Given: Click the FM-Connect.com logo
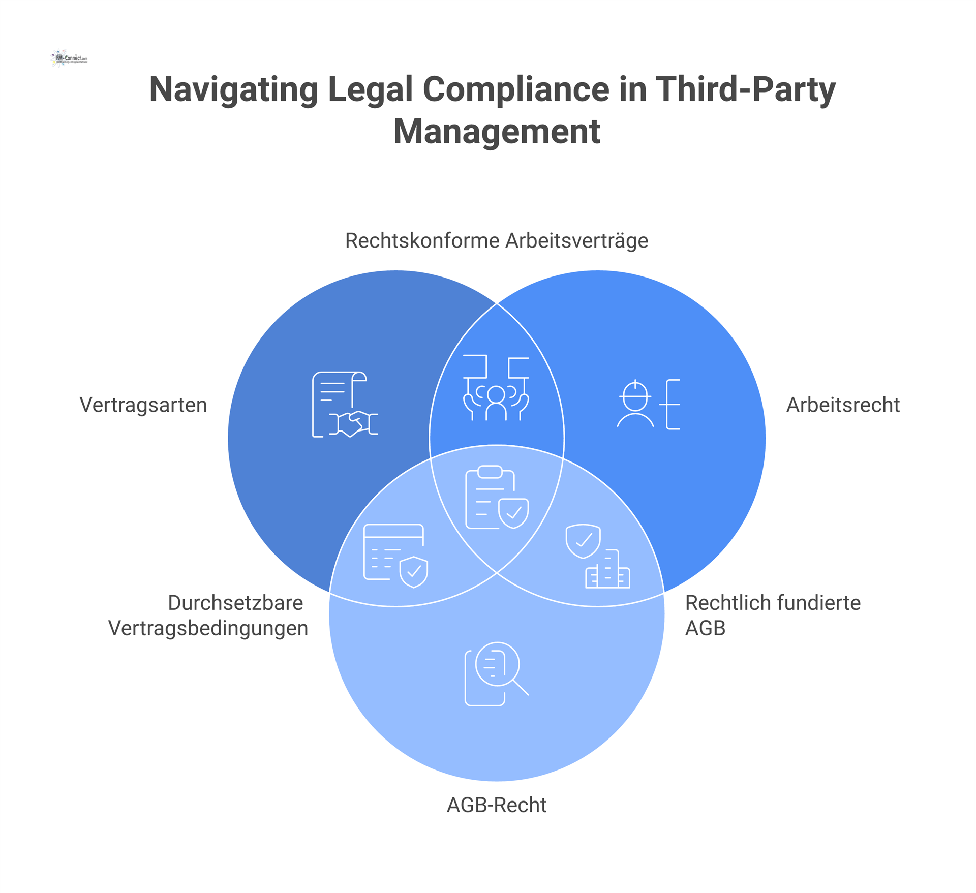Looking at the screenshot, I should coord(70,58).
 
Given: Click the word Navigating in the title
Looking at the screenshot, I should coord(233,90).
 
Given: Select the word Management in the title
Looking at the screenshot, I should coord(497,132).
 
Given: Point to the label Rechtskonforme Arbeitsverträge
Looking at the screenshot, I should coord(496,240).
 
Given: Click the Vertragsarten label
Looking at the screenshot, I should coord(143,405).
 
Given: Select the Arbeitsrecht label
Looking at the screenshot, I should coord(843,405).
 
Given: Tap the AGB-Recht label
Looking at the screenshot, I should coord(496,805).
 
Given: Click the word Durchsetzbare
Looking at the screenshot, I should coord(235,603).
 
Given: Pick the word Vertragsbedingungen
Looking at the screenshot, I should coord(208,628).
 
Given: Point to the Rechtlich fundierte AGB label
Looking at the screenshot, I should coord(772,615).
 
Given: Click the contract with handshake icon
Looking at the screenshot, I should coord(345,405).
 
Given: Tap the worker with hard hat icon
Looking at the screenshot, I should coord(649,404).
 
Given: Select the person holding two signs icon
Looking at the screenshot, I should coord(496,388).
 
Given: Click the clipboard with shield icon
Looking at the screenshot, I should coord(497,498).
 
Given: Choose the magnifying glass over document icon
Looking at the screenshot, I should coord(496,674).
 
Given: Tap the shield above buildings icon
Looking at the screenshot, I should coord(597,556).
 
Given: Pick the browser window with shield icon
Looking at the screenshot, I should coord(395,556).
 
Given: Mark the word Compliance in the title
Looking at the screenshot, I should coord(516,90).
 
